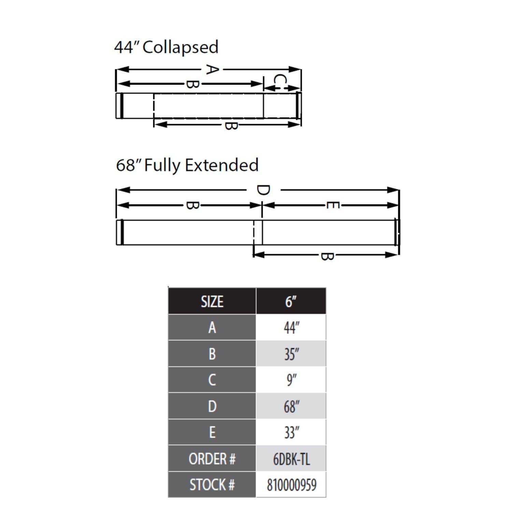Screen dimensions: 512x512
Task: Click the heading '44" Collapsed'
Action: pyautogui.click(x=166, y=47)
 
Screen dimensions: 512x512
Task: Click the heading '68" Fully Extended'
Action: pyautogui.click(x=187, y=165)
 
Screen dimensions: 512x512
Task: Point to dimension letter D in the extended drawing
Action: pyautogui.click(x=263, y=190)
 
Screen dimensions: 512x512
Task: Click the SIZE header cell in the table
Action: pyautogui.click(x=212, y=301)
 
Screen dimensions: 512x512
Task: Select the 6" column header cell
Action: pyautogui.click(x=291, y=301)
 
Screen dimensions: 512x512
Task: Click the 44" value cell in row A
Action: pyautogui.click(x=291, y=328)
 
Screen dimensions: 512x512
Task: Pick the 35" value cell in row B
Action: pyautogui.click(x=291, y=354)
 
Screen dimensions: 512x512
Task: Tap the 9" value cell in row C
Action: pyautogui.click(x=291, y=380)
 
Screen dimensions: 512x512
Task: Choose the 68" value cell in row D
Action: pyautogui.click(x=291, y=406)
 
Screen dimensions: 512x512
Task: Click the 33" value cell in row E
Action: pyautogui.click(x=291, y=432)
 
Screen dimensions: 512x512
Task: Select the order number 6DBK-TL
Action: pyautogui.click(x=291, y=459)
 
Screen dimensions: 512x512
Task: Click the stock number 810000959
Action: pyautogui.click(x=291, y=485)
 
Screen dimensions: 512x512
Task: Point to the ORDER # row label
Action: pyautogui.click(x=212, y=459)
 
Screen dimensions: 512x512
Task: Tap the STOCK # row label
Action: pyautogui.click(x=212, y=485)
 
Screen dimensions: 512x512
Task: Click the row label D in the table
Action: pyautogui.click(x=212, y=406)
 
